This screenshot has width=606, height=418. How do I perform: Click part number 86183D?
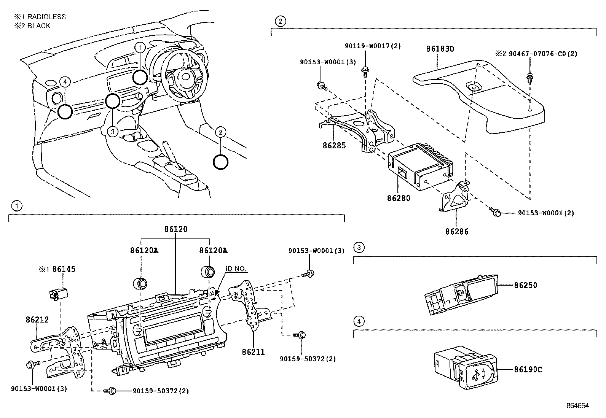(440, 49)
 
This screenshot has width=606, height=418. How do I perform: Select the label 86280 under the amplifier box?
(399, 198)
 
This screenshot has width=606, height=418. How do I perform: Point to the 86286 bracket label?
(457, 231)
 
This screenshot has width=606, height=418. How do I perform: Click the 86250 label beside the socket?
(526, 285)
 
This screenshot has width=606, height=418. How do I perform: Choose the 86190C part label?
(528, 369)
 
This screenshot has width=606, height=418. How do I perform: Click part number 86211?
(253, 352)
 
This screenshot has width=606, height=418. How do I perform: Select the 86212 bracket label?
(37, 320)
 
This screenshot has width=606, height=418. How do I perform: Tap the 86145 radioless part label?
(64, 269)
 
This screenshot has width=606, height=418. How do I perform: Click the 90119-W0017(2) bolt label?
(373, 46)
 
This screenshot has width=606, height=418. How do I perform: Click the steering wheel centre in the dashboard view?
(185, 77)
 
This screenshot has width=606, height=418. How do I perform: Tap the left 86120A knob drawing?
(140, 283)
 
